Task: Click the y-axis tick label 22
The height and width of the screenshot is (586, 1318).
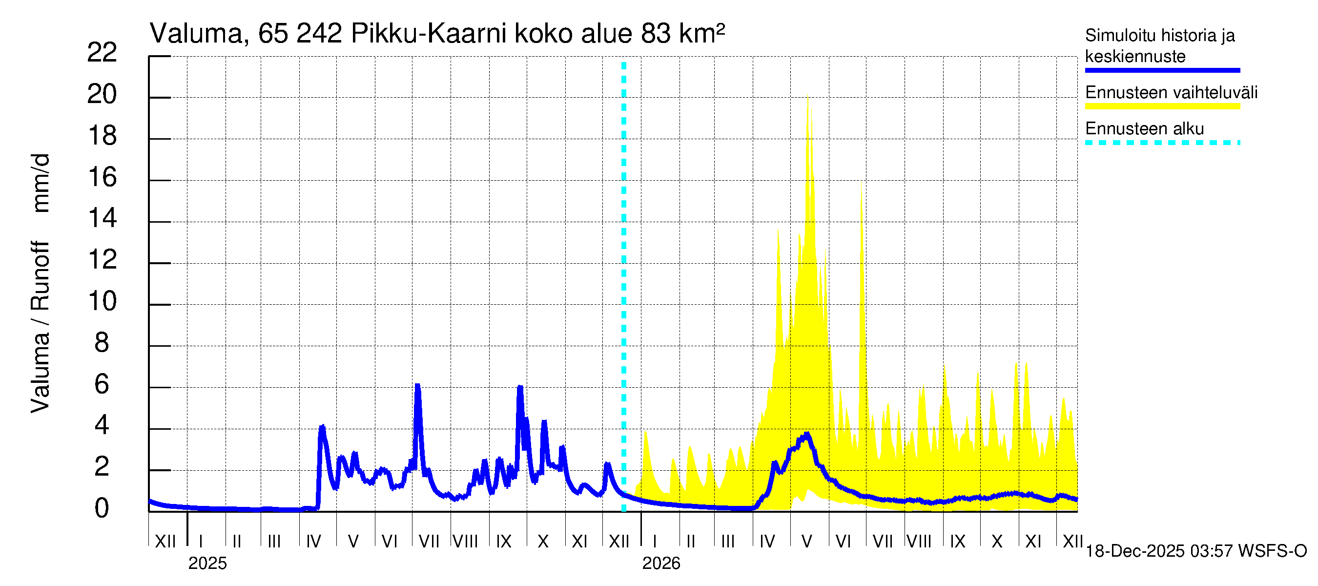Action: pos(102,53)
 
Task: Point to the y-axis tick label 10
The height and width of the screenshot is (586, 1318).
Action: pos(102,301)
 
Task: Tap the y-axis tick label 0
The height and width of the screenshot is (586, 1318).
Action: pos(102,509)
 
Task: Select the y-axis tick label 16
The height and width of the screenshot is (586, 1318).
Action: pos(102,178)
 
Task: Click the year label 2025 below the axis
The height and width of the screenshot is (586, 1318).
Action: pos(207,564)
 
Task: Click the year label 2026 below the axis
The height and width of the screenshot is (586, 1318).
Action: pos(661,564)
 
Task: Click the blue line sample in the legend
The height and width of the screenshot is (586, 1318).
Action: pos(1162,70)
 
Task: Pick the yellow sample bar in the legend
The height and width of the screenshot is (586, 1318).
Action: pos(1162,106)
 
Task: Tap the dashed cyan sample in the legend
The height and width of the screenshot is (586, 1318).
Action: pos(1162,143)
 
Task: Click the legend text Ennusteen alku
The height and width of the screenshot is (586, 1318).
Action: pos(1144,128)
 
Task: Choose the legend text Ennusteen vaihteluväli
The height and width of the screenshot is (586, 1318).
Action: pos(1171,93)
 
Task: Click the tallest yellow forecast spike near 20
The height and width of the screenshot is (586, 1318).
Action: pos(808,97)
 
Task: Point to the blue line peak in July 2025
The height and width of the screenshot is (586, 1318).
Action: pos(417,386)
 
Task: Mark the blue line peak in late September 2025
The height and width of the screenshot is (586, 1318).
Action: pos(520,387)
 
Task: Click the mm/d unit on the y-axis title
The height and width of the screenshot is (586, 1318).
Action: pos(41,183)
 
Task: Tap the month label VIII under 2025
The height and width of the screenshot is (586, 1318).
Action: pos(466,542)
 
